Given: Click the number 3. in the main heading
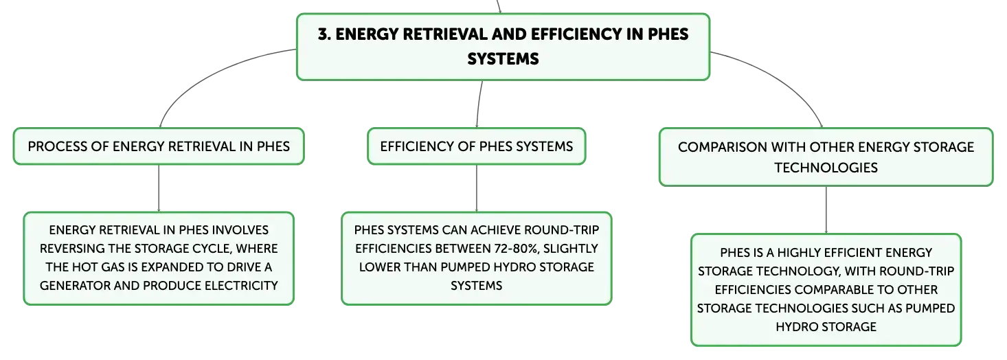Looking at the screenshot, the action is point(324,34).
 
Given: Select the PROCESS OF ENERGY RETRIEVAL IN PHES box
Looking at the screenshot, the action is point(159,146).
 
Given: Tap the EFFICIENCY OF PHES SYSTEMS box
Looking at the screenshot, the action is point(477,146).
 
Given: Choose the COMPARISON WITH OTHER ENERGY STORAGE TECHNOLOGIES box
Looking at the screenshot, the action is point(826,157).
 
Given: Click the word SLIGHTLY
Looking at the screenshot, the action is point(571,249).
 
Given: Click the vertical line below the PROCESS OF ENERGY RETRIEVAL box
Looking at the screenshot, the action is point(159,188).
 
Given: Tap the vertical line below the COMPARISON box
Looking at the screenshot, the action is point(826,210).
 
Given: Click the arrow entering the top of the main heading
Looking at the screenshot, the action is point(499,6).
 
